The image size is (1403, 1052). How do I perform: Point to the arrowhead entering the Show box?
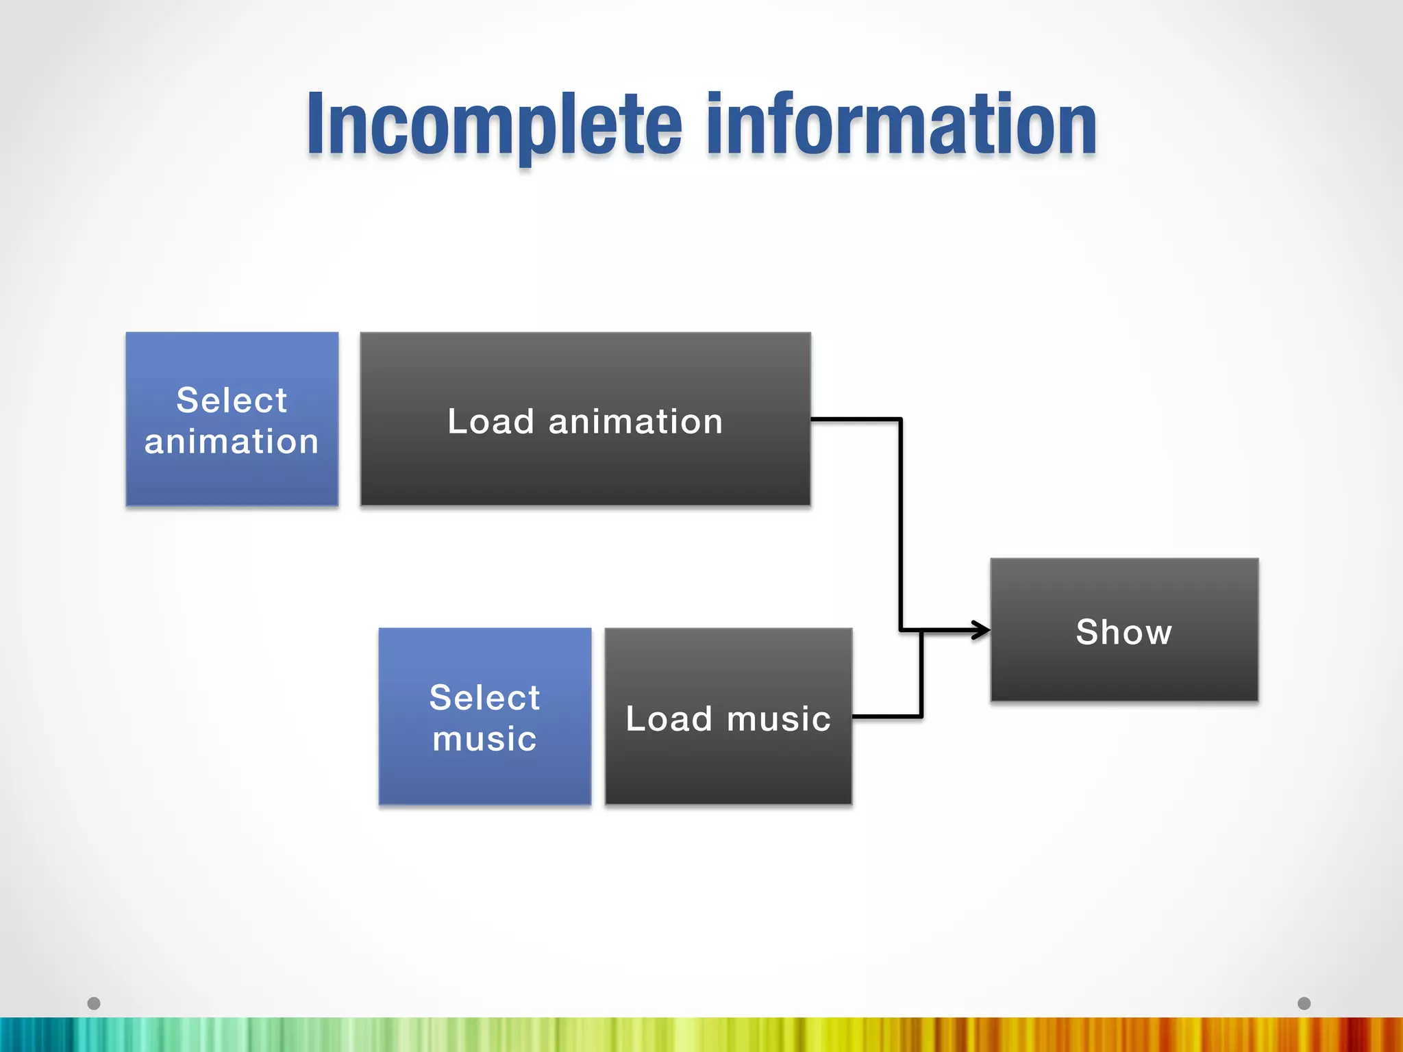(981, 630)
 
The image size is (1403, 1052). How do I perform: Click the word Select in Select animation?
(232, 400)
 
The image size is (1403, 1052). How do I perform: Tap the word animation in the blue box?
(232, 442)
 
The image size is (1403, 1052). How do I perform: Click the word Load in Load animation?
(490, 421)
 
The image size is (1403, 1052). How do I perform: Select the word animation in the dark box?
(635, 421)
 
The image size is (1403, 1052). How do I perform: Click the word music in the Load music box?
(778, 719)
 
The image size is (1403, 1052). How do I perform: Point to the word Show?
(1123, 631)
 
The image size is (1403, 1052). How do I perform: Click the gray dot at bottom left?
(94, 1003)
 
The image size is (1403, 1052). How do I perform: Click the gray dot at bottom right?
(1304, 1003)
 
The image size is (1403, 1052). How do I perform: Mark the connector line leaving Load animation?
(900, 521)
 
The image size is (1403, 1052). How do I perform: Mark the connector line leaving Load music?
(888, 716)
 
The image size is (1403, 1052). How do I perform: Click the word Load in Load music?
(669, 719)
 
